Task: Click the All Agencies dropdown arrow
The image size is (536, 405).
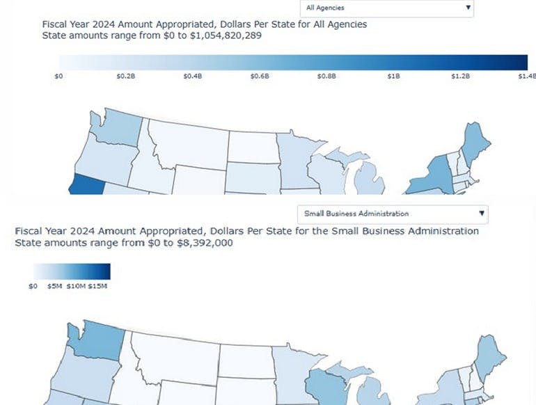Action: click(x=468, y=8)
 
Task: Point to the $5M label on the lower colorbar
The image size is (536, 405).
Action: click(x=56, y=286)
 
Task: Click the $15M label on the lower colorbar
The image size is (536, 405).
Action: click(x=97, y=286)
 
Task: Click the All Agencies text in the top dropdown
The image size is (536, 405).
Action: click(x=326, y=8)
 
